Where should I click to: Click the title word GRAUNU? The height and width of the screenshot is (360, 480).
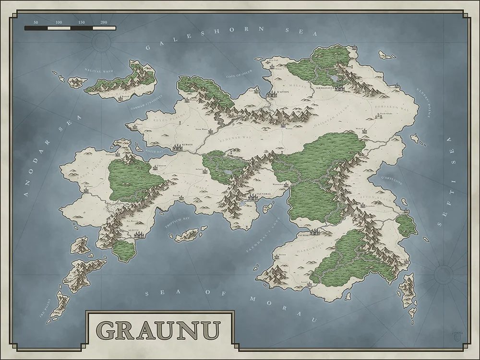[159, 331]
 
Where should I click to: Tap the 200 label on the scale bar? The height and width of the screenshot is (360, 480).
[104, 23]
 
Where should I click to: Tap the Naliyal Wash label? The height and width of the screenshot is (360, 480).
[99, 71]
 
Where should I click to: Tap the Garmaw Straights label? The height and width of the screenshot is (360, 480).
[147, 102]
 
